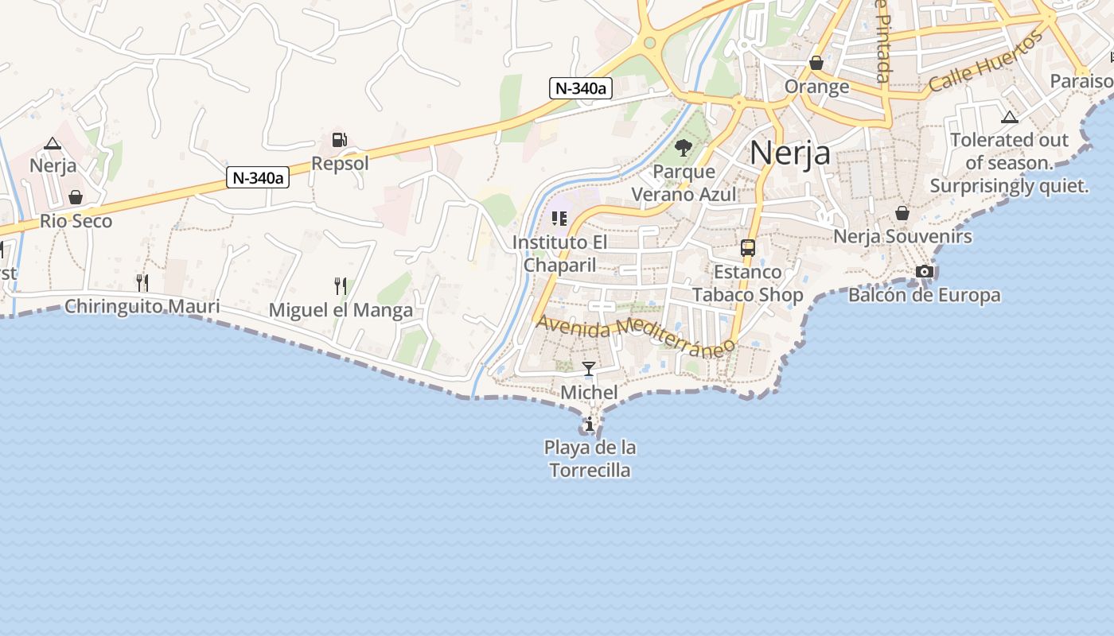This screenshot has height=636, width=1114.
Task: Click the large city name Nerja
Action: [x=790, y=152]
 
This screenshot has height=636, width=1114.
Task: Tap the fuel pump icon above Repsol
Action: [x=340, y=141]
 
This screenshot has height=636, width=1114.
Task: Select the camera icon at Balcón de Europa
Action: [x=924, y=272]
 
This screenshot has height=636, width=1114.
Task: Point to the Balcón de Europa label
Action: [x=924, y=296]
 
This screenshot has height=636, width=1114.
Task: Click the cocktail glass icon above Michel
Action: [x=589, y=369]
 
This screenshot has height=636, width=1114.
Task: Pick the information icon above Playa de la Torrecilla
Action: [x=590, y=425]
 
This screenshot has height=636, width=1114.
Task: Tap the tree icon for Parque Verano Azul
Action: [x=683, y=148]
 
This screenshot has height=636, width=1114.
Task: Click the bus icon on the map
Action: [x=748, y=248]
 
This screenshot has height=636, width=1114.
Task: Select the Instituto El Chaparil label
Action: [x=560, y=253]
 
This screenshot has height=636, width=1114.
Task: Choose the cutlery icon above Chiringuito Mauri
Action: [x=142, y=282]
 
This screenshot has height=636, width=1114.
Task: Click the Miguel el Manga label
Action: [x=341, y=310]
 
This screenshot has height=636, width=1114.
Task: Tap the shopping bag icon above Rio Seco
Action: [x=76, y=197]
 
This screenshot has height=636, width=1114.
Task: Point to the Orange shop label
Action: [x=816, y=86]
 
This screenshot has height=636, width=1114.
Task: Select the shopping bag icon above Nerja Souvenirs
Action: [x=902, y=213]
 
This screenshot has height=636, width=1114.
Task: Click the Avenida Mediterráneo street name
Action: [x=635, y=336]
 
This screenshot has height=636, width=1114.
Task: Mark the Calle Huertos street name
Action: [x=987, y=62]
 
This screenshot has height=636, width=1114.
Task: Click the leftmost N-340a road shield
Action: [x=258, y=178]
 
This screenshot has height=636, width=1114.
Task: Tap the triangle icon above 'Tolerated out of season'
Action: [x=1010, y=118]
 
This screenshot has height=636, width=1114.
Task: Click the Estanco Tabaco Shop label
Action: [x=747, y=283]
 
